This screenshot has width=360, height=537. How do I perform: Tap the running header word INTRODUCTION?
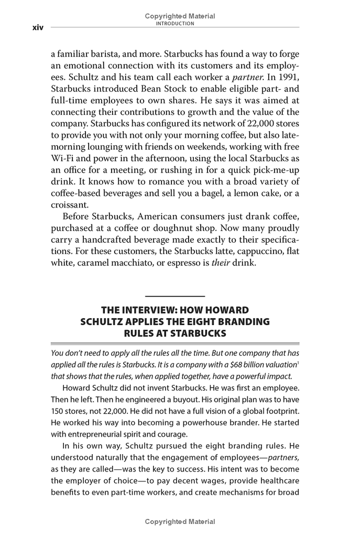coord(180,23)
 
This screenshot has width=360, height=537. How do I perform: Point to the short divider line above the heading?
coord(174,297)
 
